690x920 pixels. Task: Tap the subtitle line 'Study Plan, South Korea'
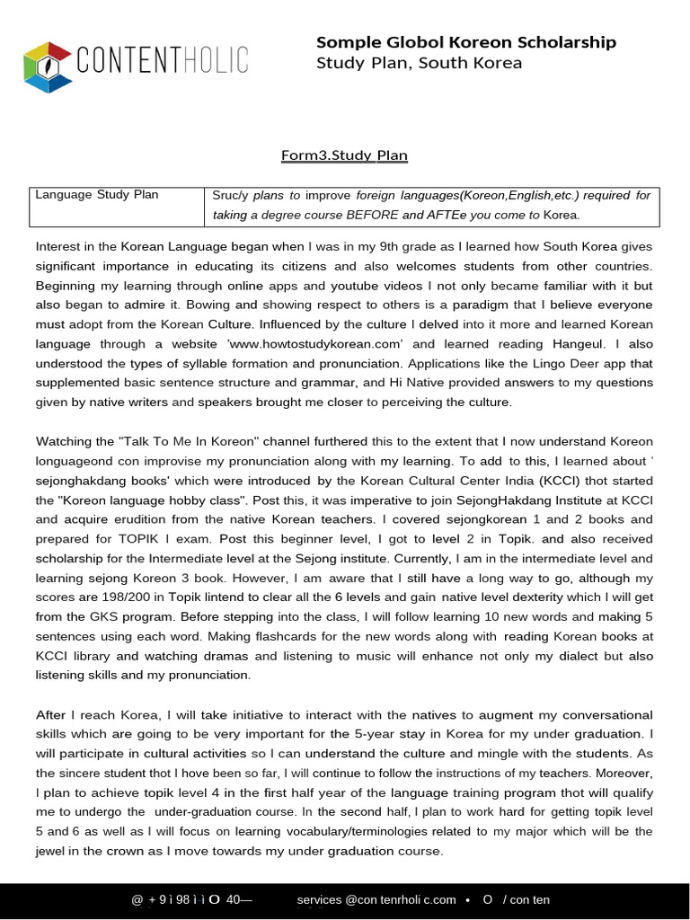pos(419,63)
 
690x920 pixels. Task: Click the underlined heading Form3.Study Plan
pos(345,155)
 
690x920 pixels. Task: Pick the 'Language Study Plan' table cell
pos(97,195)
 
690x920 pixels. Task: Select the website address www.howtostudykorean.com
pos(332,343)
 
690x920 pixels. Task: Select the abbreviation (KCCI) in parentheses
pos(526,480)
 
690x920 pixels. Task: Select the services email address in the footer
pos(376,899)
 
